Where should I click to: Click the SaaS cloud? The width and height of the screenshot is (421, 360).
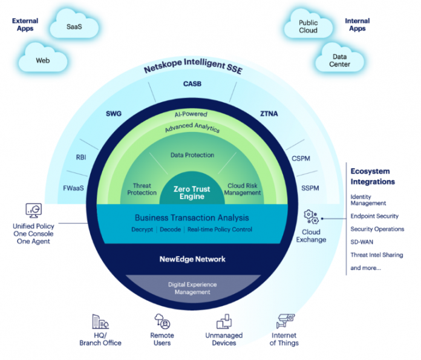pyautogui.click(x=74, y=27)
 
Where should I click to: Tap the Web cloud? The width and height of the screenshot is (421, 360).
pyautogui.click(x=42, y=61)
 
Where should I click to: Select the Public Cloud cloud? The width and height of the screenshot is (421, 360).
pyautogui.click(x=308, y=27)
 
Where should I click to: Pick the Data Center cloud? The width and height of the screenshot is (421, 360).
pyautogui.click(x=339, y=60)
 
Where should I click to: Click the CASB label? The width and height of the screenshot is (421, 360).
pyautogui.click(x=192, y=83)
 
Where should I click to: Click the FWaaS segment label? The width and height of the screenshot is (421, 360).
pyautogui.click(x=73, y=188)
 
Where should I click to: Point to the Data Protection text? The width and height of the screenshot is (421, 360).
pyautogui.click(x=192, y=155)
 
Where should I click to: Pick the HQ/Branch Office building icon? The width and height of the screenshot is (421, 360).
pyautogui.click(x=99, y=321)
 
